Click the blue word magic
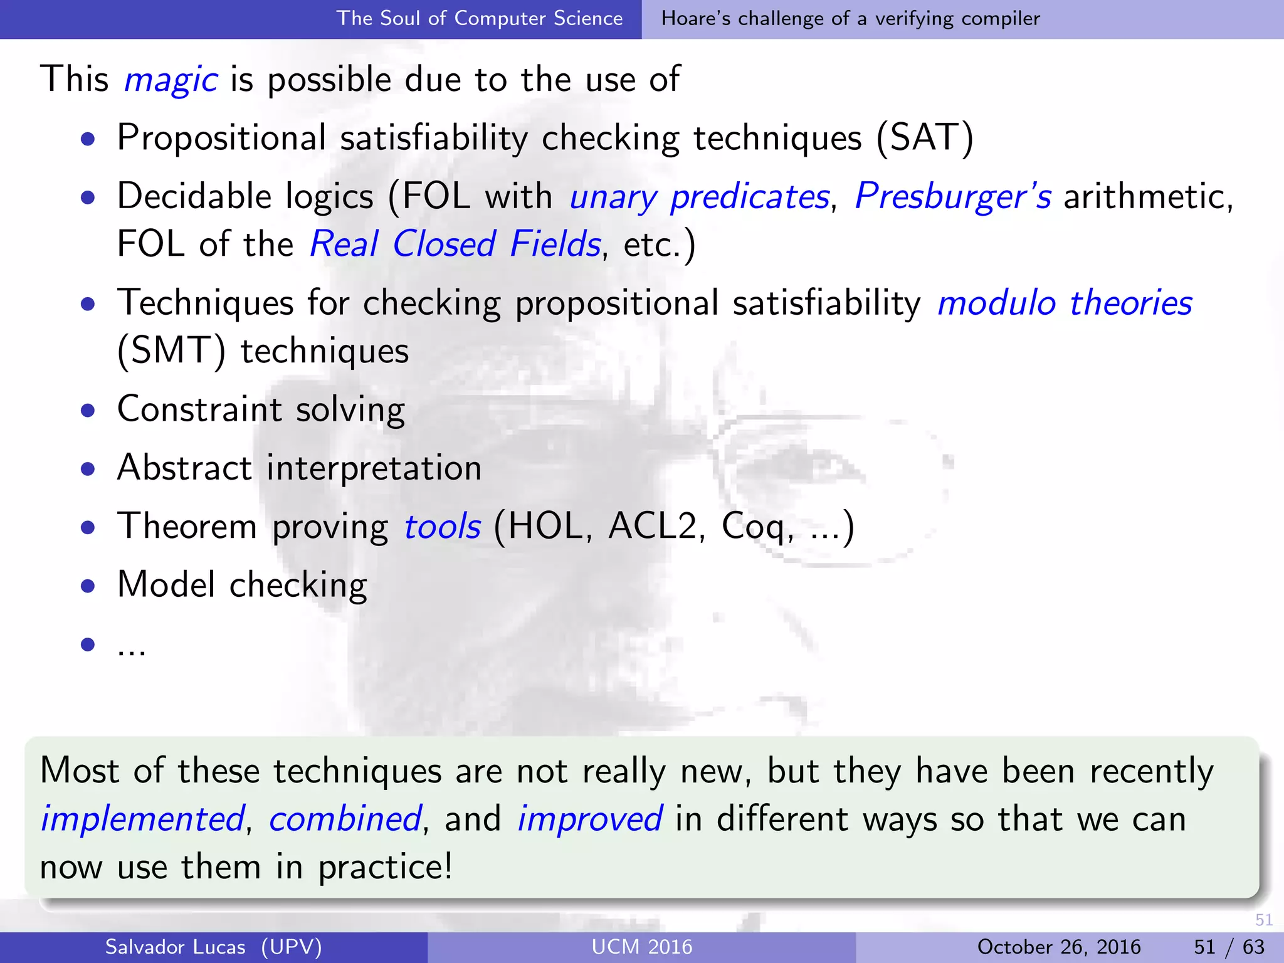point(171,80)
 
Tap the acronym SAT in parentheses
point(925,137)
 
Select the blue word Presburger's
point(953,196)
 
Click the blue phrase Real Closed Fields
point(455,244)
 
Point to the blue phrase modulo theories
point(1065,303)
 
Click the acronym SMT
point(171,350)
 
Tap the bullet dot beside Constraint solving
point(88,411)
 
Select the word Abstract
point(184,468)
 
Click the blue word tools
point(443,526)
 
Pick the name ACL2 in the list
point(653,526)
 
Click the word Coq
point(752,527)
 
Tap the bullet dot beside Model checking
point(88,586)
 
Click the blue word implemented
point(142,819)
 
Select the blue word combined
point(345,819)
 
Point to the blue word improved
point(589,819)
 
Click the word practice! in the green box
point(385,868)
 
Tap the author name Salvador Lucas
point(175,947)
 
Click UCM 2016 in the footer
point(641,947)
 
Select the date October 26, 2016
point(1058,947)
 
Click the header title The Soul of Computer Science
point(480,18)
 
